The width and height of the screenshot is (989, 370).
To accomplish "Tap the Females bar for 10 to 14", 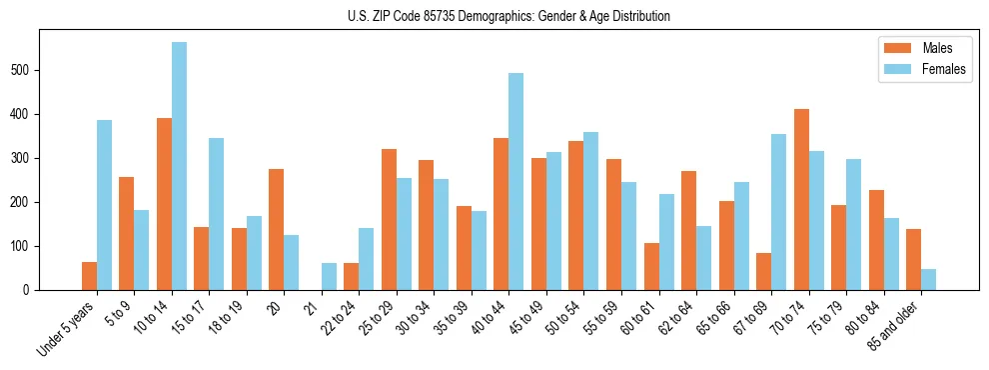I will click(x=179, y=166).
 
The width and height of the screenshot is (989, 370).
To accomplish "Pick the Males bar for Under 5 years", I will click(x=89, y=276).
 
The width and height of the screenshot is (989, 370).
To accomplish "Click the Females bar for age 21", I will click(x=329, y=276).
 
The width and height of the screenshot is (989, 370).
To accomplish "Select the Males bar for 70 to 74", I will click(x=801, y=200).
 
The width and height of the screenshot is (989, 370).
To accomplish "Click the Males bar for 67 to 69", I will click(x=763, y=272).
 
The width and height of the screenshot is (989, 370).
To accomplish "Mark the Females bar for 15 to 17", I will click(x=217, y=214).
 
